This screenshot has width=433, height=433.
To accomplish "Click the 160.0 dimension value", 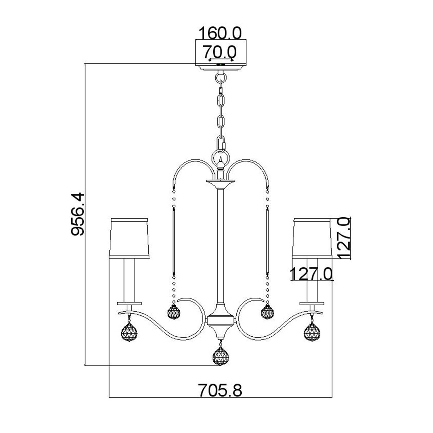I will coord(220,33).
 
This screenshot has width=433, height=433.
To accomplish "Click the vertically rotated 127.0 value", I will coord(345,238).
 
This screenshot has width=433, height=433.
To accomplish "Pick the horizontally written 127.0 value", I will coord(311,274).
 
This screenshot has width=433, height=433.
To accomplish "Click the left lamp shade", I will coord(130,238).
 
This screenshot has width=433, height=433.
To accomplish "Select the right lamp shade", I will coord(312,238).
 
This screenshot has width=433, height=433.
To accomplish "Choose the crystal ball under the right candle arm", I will coord(312,330).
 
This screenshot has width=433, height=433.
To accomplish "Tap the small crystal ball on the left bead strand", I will coord(174,310).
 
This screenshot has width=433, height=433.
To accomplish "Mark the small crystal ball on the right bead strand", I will coord(267,310).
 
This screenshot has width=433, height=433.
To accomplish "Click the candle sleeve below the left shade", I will coord(130,280).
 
